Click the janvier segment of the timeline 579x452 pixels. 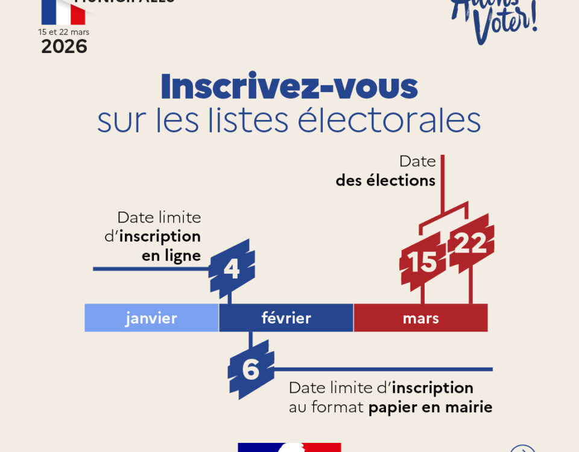pyautogui.click(x=151, y=318)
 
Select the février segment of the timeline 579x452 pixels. pyautogui.click(x=286, y=318)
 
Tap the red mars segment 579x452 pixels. pyautogui.click(x=420, y=318)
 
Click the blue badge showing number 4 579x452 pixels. pyautogui.click(x=232, y=269)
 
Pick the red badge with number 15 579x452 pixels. pyautogui.click(x=422, y=262)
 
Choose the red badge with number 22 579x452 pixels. pyautogui.click(x=470, y=244)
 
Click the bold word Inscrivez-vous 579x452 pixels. pyautogui.click(x=289, y=87)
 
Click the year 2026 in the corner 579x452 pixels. pyautogui.click(x=64, y=46)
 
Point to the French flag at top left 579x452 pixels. pyautogui.click(x=63, y=11)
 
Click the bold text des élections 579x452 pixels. pyautogui.click(x=385, y=180)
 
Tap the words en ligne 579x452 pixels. pyautogui.click(x=171, y=256)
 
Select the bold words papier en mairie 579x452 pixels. pyautogui.click(x=430, y=407)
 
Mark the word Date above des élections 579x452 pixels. pyautogui.click(x=417, y=162)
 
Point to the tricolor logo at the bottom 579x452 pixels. pyautogui.click(x=289, y=447)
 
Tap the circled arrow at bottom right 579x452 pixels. pyautogui.click(x=522, y=448)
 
